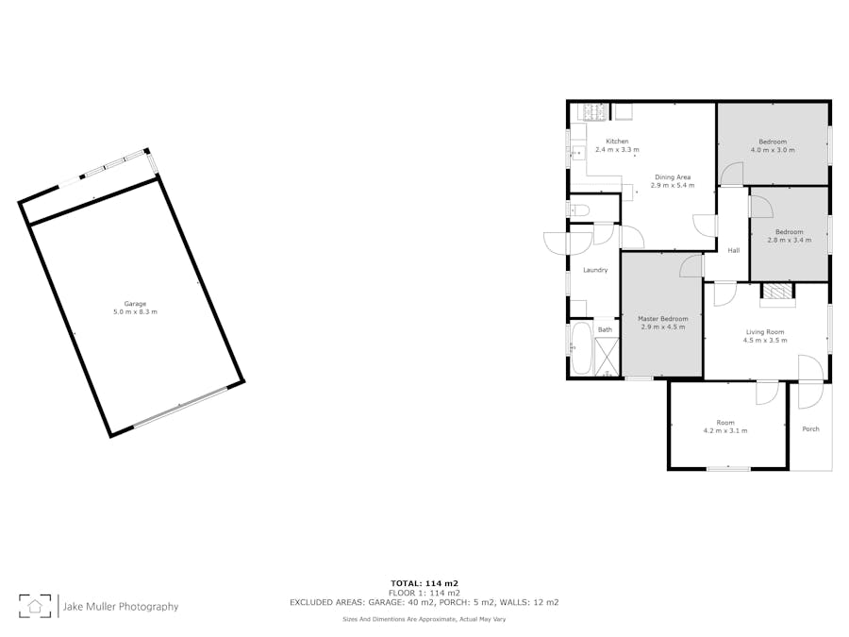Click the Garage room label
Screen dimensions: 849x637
[x=135, y=304]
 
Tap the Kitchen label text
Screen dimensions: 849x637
[x=617, y=142]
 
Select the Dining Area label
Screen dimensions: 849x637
[x=673, y=177]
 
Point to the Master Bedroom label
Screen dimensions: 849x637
[x=663, y=319]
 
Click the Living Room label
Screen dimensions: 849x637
[x=765, y=332]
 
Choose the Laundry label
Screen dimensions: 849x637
[x=595, y=270]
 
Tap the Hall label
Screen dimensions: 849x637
[x=734, y=250]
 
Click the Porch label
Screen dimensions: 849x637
[x=810, y=429]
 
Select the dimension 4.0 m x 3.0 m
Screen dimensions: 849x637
[x=773, y=150]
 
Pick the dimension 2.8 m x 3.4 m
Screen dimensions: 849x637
[x=790, y=240]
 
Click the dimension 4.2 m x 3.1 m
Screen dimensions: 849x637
[x=725, y=431]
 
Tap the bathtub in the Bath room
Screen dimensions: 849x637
[x=581, y=348]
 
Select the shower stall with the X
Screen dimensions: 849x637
[x=607, y=356]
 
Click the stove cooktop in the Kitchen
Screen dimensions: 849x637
[x=594, y=112]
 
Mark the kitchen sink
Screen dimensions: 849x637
[x=577, y=153]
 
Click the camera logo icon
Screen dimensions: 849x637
[x=35, y=606]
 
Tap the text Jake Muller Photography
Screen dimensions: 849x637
[x=121, y=607]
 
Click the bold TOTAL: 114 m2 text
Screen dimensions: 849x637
[x=424, y=583]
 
